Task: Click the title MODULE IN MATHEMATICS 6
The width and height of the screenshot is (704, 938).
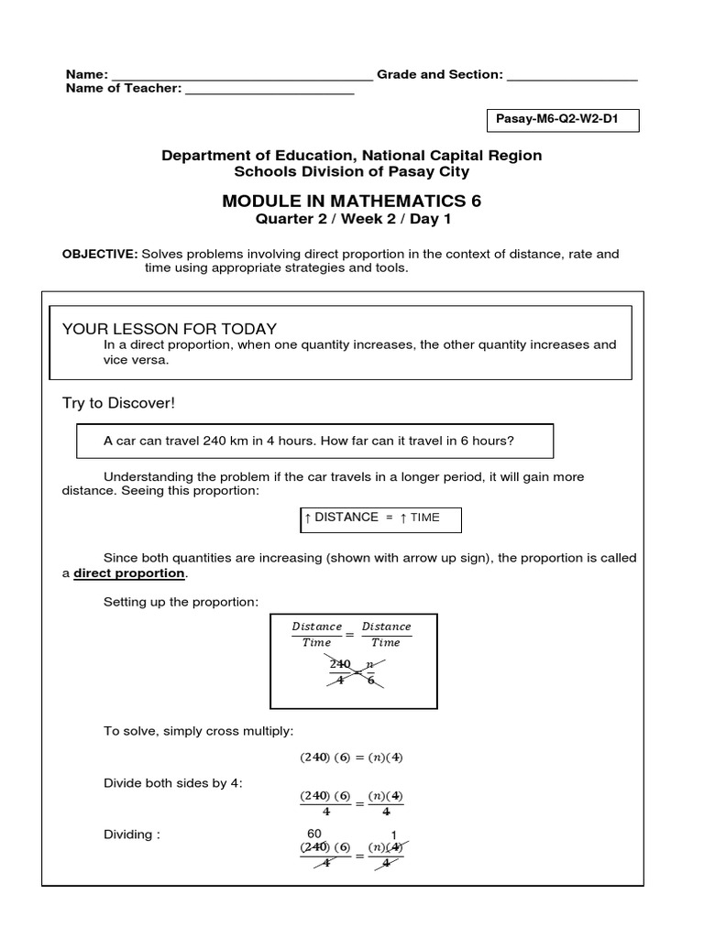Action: click(351, 201)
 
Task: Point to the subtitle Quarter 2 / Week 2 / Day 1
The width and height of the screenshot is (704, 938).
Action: click(351, 219)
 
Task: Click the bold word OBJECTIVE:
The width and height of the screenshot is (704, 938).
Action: click(100, 253)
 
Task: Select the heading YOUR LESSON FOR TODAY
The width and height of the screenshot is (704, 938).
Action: click(169, 329)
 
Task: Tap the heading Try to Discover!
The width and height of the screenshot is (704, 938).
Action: click(117, 403)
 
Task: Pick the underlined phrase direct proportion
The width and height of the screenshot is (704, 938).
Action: click(129, 573)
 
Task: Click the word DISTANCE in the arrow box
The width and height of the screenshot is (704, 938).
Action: click(346, 518)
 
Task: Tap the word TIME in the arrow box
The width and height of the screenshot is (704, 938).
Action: click(424, 518)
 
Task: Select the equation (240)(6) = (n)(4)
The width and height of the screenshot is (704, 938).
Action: click(352, 758)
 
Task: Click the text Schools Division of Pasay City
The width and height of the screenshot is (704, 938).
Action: click(351, 171)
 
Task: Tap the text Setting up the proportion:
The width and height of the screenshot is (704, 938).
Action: click(181, 601)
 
